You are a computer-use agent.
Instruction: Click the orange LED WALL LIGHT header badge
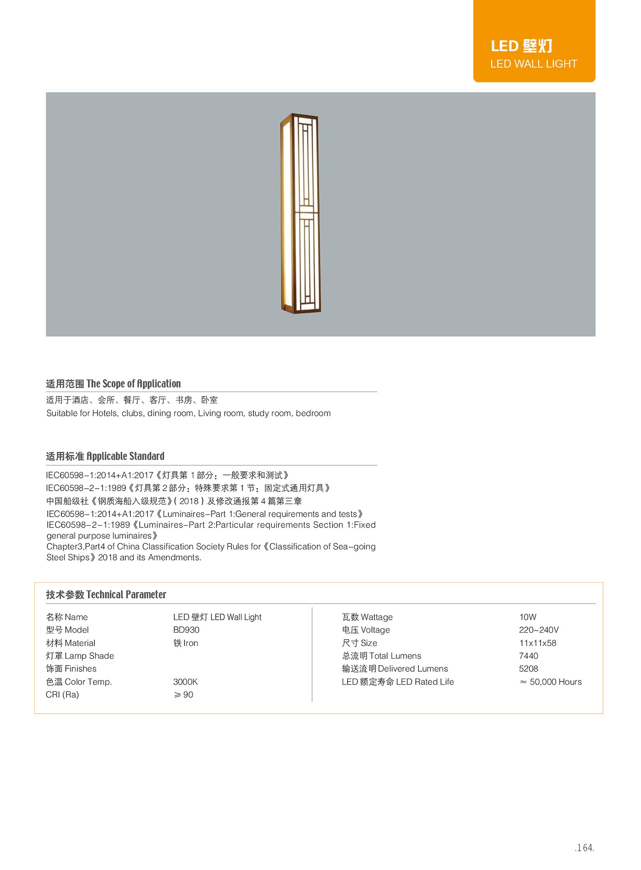pos(534,41)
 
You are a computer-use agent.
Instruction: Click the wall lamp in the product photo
pos(300,213)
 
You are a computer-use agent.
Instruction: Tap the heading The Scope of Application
pos(113,383)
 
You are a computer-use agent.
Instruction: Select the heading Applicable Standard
pos(105,456)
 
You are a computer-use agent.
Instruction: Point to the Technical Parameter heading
pos(106,594)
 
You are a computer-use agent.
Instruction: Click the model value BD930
pos(186,630)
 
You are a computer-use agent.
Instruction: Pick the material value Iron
pos(186,643)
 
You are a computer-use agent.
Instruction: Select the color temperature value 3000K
pos(185,682)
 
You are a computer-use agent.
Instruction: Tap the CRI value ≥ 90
pos(183,695)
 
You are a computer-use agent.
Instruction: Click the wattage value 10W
pos(528,617)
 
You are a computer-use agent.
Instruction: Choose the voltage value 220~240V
pos(539,630)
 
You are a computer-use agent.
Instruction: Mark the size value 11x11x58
pos(538,643)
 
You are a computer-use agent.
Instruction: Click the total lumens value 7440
pos(529,656)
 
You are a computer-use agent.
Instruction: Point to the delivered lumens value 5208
pos(529,669)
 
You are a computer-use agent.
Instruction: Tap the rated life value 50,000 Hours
pos(551,682)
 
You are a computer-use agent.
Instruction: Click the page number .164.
pos(584,847)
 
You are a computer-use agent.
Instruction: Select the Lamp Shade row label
pos(80,656)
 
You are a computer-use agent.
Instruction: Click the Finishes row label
pos(71,669)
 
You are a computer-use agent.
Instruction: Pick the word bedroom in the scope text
pos(313,413)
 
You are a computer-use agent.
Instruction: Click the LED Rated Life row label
pos(397,682)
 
